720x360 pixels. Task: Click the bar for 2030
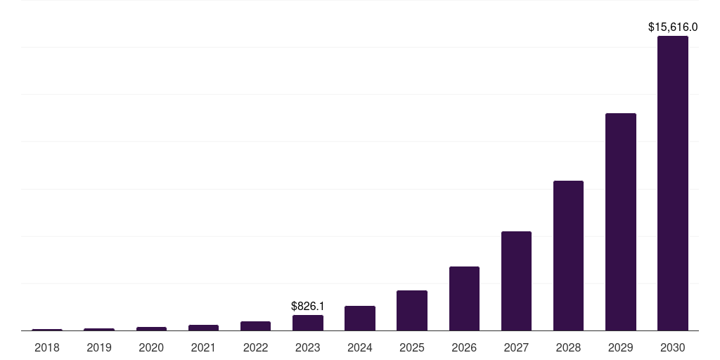point(672,183)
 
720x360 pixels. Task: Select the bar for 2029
point(620,221)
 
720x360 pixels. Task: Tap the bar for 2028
point(568,255)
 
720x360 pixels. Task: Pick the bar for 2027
point(516,281)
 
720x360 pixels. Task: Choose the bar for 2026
point(464,298)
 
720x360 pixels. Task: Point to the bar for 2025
point(412,310)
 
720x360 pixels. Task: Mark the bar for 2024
point(360,318)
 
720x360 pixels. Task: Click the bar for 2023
point(308,323)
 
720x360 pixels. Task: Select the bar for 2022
point(255,326)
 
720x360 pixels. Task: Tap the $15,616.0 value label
point(672,27)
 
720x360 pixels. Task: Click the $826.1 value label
point(308,307)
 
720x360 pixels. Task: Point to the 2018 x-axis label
point(47,347)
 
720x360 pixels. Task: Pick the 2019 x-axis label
point(99,347)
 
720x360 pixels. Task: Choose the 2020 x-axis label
point(151,347)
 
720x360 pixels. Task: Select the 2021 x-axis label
point(203,347)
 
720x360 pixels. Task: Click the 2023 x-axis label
point(308,347)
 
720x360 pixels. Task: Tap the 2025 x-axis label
point(412,347)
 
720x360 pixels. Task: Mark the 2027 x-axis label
point(516,347)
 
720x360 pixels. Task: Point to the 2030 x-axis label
point(672,347)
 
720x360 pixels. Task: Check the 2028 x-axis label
point(568,347)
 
